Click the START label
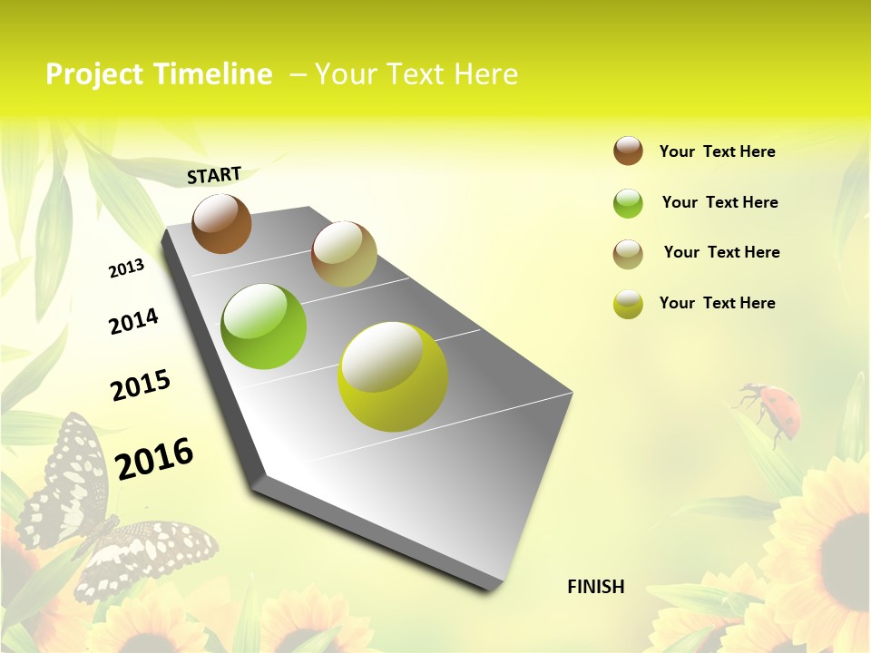214,175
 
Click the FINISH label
596,587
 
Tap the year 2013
126,268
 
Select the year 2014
133,322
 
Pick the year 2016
154,458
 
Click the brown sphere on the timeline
221,223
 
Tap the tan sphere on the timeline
344,253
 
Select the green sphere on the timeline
264,326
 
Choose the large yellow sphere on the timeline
393,376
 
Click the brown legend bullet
628,151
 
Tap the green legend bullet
628,203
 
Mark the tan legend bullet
628,253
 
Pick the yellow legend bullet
628,304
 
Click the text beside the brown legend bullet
717,151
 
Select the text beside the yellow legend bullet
717,303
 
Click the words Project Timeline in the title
159,74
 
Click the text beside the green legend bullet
719,202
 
